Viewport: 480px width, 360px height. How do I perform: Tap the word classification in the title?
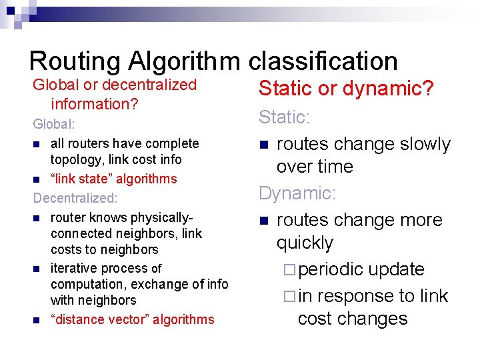323,61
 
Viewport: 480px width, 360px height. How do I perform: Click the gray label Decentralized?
75,198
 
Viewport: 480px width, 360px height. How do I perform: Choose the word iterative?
73,269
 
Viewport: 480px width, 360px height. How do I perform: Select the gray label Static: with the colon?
285,118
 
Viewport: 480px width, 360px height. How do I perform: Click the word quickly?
305,243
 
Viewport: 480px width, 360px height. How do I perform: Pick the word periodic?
330,269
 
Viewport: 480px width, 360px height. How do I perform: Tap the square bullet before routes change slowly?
264,145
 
